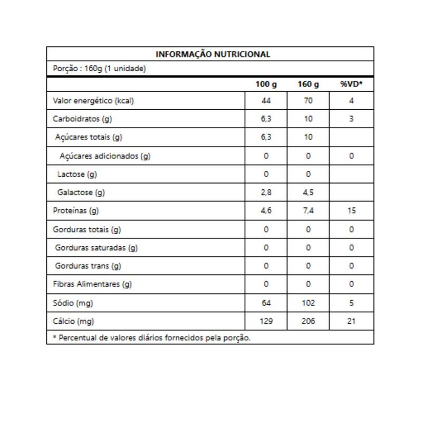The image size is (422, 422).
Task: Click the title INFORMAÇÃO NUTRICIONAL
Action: pyautogui.click(x=213, y=54)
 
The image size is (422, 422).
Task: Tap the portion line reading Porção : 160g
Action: pyautogui.click(x=99, y=69)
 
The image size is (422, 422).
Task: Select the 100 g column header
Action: pyautogui.click(x=266, y=84)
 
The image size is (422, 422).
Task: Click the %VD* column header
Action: pyautogui.click(x=351, y=84)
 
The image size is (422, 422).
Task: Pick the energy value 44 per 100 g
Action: pyautogui.click(x=266, y=101)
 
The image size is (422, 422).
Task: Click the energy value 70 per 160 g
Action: pyautogui.click(x=309, y=101)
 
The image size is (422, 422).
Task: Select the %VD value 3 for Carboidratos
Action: pyautogui.click(x=351, y=119)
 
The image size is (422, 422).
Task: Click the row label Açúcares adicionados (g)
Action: pyautogui.click(x=105, y=156)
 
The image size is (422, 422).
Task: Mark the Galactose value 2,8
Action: pyautogui.click(x=266, y=193)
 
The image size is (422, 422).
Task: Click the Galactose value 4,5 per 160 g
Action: pyautogui.click(x=309, y=193)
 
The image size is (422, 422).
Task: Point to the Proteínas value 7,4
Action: pyautogui.click(x=309, y=211)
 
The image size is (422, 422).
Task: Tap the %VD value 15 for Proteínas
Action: pyautogui.click(x=351, y=211)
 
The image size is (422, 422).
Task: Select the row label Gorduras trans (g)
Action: pyautogui.click(x=88, y=266)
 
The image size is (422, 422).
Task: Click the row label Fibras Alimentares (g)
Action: pyautogui.click(x=92, y=284)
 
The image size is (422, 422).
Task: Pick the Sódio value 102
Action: pyautogui.click(x=309, y=303)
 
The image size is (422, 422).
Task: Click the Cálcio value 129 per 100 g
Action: pyautogui.click(x=266, y=321)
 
